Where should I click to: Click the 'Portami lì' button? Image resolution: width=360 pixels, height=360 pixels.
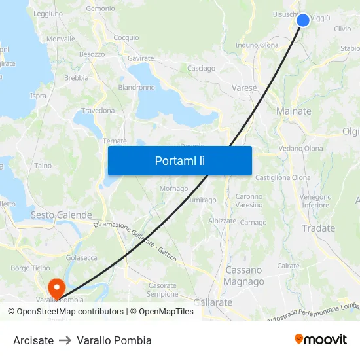coord(179,160)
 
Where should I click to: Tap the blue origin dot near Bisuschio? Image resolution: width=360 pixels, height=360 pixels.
coord(303,20)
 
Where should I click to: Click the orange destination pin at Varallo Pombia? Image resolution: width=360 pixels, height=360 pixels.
coord(56,287)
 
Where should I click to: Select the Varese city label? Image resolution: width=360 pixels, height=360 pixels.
coord(244,88)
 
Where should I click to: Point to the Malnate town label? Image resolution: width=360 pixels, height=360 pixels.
coord(293,111)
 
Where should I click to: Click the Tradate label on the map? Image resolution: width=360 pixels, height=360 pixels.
coord(318,228)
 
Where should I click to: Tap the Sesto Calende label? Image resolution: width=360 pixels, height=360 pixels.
coord(62,215)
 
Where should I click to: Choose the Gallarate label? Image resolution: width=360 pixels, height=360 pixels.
coord(213,302)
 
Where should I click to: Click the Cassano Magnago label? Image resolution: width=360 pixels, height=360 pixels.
coord(244,276)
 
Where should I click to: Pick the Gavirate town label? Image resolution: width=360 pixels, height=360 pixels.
coord(141,58)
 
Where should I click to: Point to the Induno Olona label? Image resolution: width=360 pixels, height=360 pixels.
coord(257,45)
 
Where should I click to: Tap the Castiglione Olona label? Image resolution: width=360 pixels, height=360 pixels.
coord(283,177)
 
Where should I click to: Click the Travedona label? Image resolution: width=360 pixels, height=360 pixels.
coord(98,111)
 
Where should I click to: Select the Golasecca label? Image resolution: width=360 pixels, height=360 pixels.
coord(81,258)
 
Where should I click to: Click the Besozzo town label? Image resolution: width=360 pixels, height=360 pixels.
coord(92,54)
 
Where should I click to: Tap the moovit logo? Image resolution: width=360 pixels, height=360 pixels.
coord(320,340)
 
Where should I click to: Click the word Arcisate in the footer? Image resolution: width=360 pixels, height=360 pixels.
coord(33,340)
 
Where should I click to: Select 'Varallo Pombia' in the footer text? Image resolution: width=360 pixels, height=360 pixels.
coord(114,340)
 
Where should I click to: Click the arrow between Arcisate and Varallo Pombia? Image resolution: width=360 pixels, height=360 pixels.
coord(65,340)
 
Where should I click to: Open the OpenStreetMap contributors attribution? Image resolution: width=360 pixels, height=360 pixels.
coord(65,312)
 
